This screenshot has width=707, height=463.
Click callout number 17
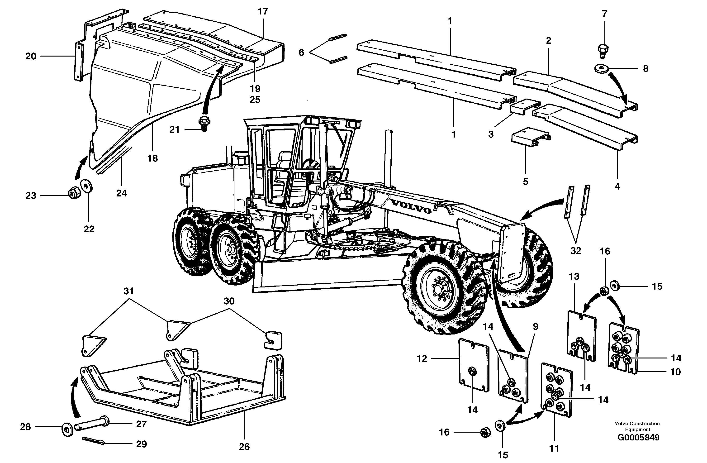[263, 12]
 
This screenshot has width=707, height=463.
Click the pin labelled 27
[92, 424]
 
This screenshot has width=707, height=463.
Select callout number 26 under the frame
[244, 447]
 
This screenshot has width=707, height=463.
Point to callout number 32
[575, 251]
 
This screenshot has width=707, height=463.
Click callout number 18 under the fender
[152, 158]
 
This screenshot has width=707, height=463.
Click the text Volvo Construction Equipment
[637, 426]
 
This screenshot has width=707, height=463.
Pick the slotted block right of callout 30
[273, 340]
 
